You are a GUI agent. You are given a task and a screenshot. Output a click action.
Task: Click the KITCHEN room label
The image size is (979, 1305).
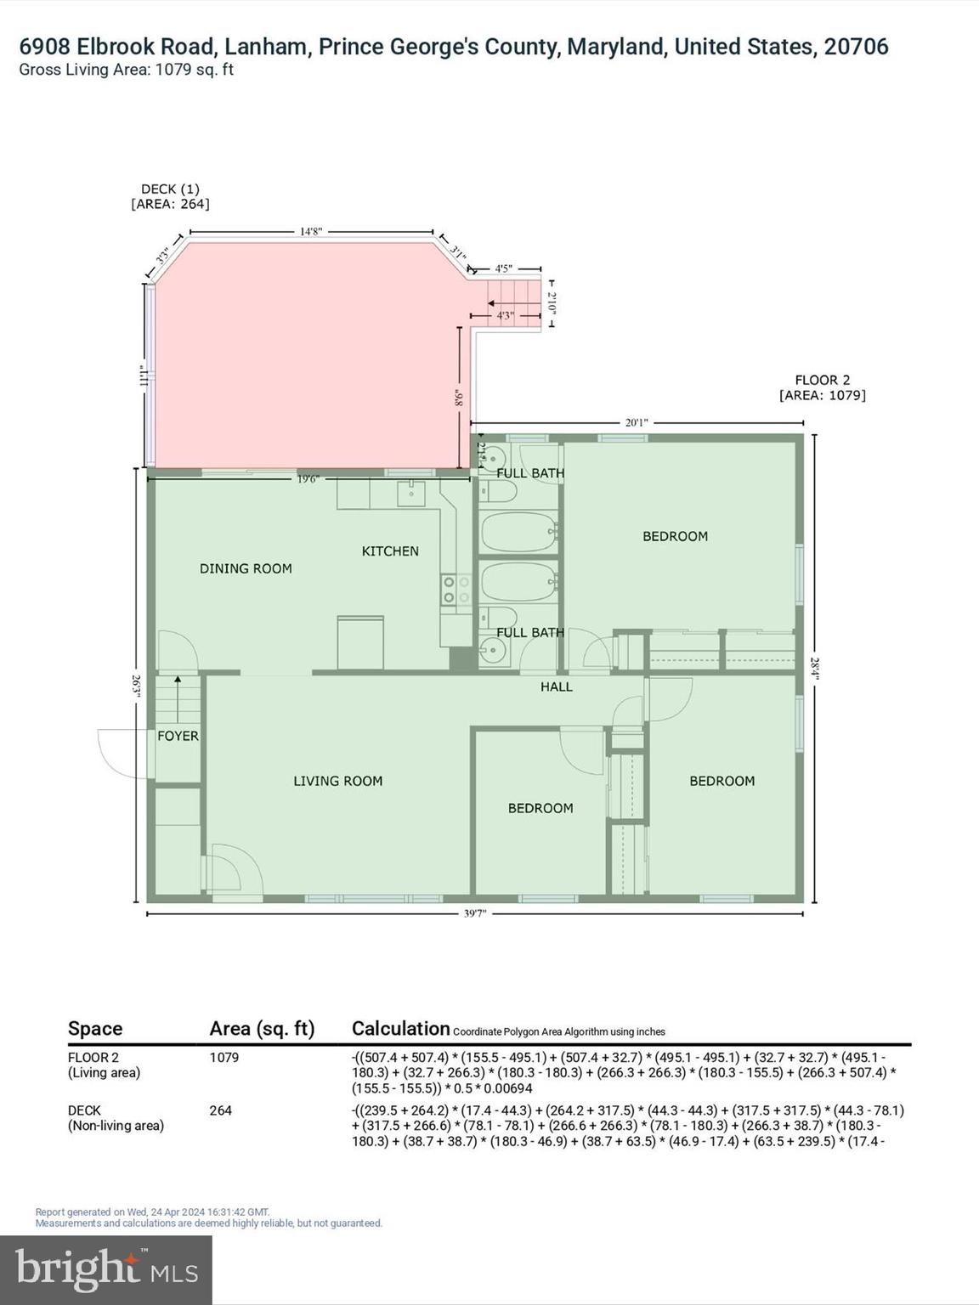[390, 551]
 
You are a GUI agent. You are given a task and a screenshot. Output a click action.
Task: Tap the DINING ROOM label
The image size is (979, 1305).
[246, 568]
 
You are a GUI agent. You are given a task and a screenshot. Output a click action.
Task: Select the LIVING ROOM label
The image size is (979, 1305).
[337, 781]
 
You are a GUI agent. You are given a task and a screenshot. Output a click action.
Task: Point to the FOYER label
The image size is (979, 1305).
[178, 736]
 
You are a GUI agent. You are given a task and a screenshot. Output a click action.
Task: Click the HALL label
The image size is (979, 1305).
[557, 686]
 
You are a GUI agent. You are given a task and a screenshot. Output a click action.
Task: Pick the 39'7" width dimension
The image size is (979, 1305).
[475, 914]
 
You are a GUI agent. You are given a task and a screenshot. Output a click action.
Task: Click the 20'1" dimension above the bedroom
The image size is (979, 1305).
[637, 422]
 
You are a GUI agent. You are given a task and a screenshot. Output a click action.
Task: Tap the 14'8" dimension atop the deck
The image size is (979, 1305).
[311, 231]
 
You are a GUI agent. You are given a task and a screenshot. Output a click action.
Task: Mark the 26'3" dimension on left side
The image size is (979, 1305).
[136, 686]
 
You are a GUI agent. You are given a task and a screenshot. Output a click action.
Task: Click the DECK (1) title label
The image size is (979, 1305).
[170, 189]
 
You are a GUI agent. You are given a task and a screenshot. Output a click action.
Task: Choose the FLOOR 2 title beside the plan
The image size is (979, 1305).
[822, 380]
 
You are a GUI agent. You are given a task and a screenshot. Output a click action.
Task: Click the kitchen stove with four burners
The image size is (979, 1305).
[456, 590]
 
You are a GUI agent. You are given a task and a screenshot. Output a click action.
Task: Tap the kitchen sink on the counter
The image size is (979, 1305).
[411, 493]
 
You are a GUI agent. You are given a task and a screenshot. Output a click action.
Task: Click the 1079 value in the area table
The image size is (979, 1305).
[224, 1058]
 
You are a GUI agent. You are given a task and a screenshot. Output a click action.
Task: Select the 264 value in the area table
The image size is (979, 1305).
[220, 1110]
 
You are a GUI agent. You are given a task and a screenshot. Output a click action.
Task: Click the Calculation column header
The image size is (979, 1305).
[400, 1029]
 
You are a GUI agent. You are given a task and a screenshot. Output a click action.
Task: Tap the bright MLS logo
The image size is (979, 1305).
[106, 1269]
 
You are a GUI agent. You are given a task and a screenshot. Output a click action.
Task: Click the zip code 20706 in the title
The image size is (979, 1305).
[856, 47]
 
